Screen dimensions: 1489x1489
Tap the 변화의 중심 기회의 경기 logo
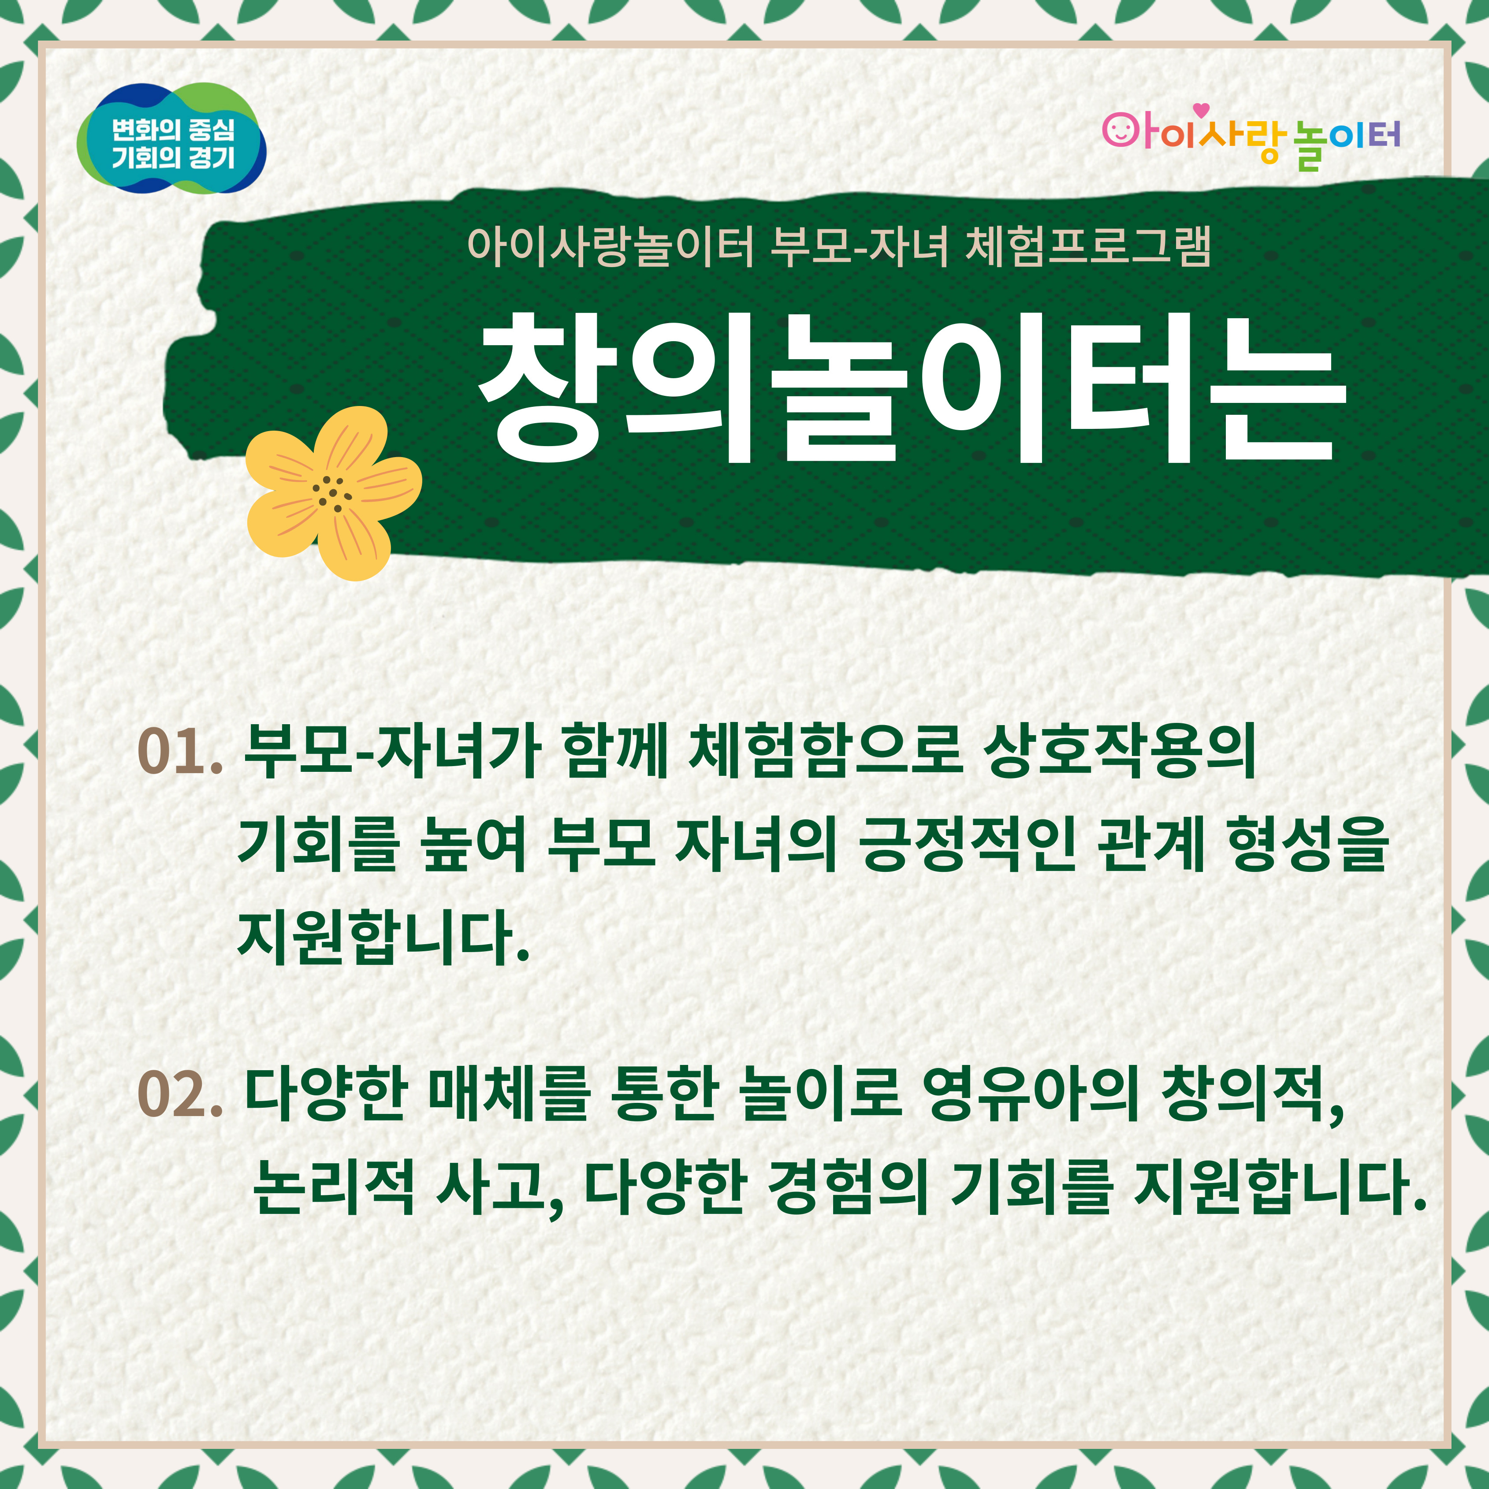click(171, 139)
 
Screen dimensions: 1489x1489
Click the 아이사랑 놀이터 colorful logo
click(1250, 139)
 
